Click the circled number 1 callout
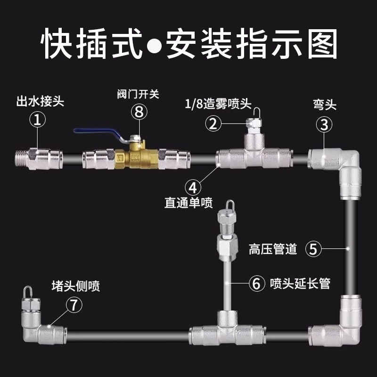coord(37,120)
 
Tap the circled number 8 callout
coord(139,112)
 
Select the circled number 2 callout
coord(213,124)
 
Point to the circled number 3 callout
coord(324,125)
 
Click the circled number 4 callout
coord(193,188)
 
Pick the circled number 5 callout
coord(313,249)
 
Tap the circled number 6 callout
coord(256,284)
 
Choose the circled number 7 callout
coord(74,304)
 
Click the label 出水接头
coord(40,102)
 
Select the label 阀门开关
coord(138,94)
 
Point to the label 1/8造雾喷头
coord(218,104)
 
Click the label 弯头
coord(324,105)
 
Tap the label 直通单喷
coord(188,203)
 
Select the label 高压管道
coord(273,249)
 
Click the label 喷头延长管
coord(300,284)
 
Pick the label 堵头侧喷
coord(76,286)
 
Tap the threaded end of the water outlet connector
coord(22,159)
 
